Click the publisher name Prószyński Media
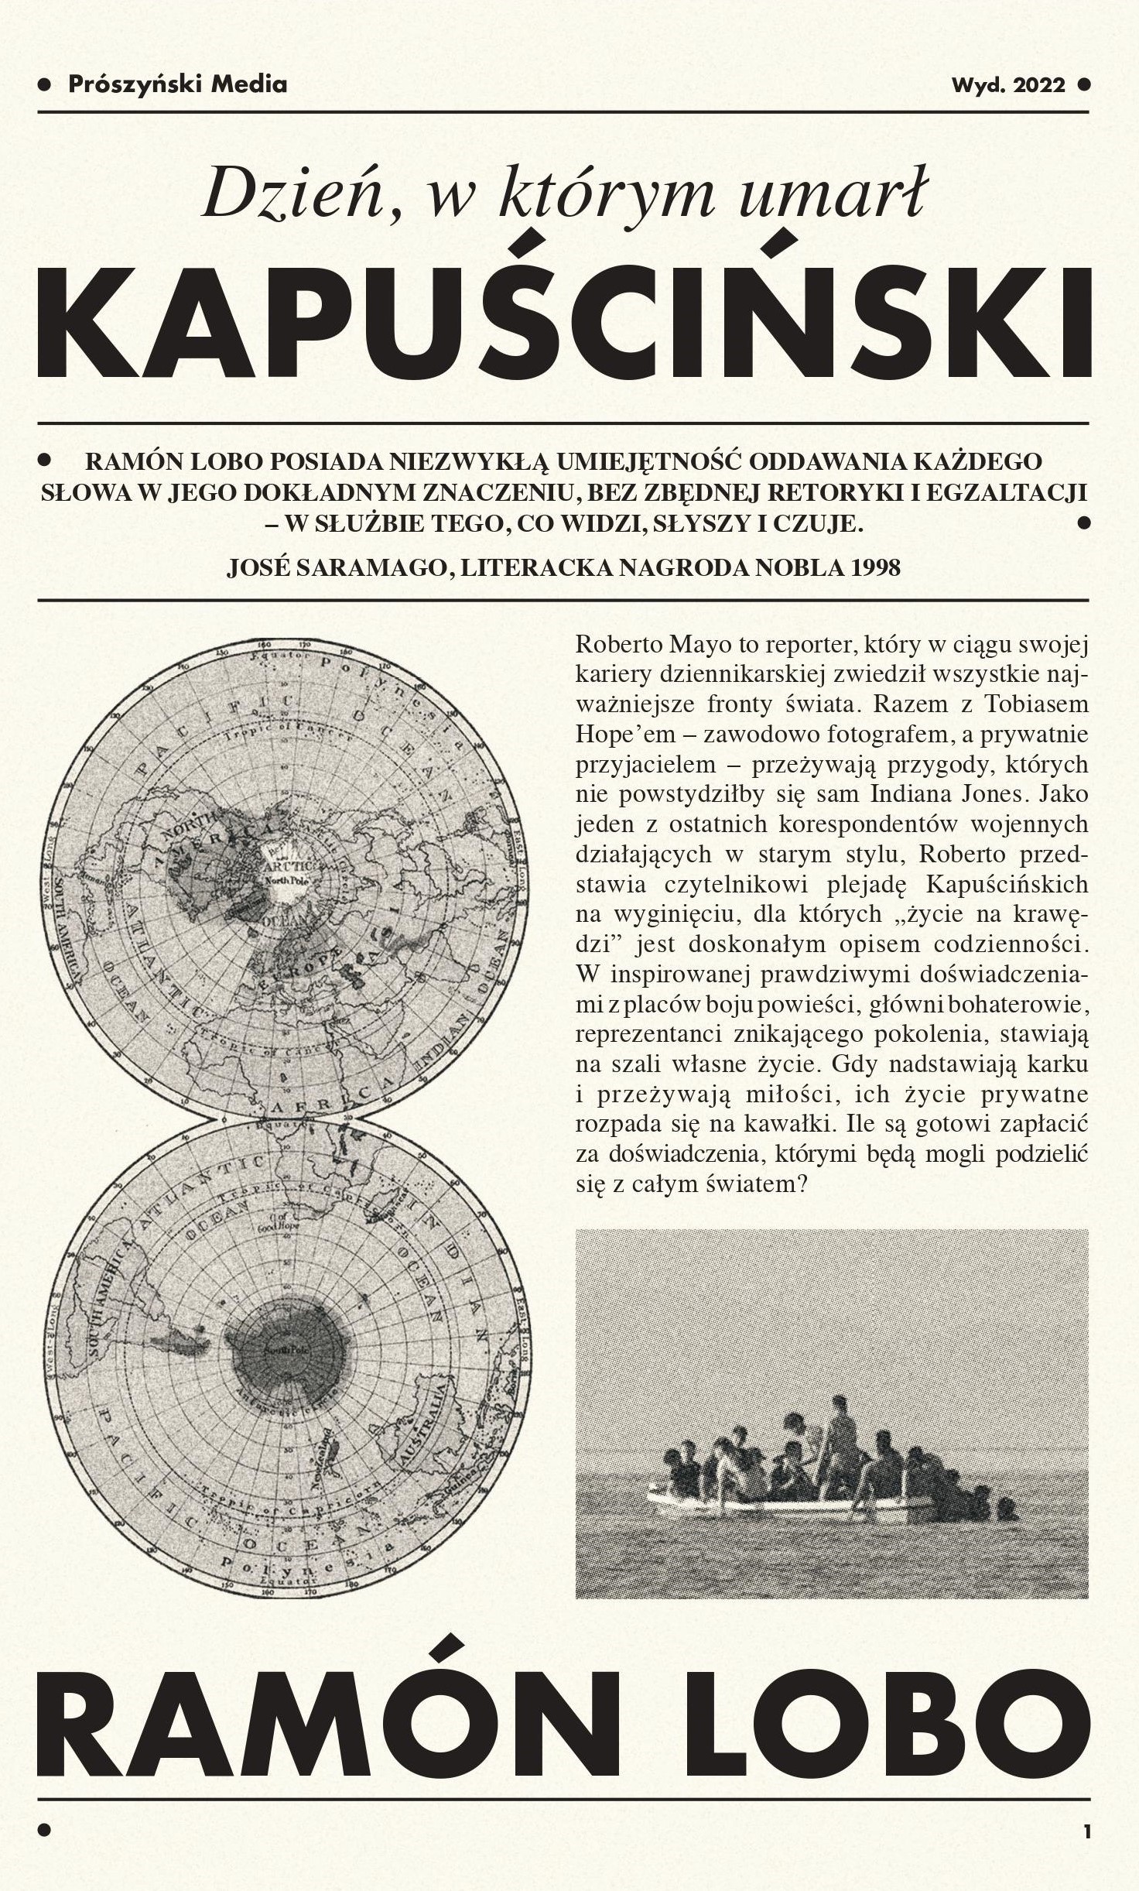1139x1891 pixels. click(177, 84)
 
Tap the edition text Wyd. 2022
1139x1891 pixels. click(1008, 85)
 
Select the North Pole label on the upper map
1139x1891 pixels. click(287, 881)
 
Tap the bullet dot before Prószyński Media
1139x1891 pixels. click(45, 84)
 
